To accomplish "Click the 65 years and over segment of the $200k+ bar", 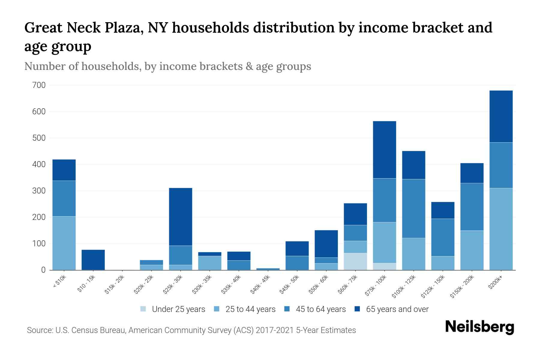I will [501, 116].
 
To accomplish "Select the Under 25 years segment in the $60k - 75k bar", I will [355, 261].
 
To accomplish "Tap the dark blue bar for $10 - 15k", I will [93, 259].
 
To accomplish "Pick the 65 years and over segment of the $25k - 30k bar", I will [181, 217].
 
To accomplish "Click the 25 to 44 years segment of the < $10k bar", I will [64, 243].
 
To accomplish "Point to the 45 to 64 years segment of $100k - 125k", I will [413, 208].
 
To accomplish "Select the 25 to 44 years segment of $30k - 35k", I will [210, 263].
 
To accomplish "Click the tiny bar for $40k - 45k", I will [268, 269].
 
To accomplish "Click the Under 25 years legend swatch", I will [143, 309].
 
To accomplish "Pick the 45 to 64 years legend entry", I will [320, 309].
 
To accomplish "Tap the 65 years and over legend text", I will [397, 309].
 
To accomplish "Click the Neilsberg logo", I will [479, 327].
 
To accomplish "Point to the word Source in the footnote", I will [39, 330].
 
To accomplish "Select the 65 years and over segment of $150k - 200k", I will [472, 173].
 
